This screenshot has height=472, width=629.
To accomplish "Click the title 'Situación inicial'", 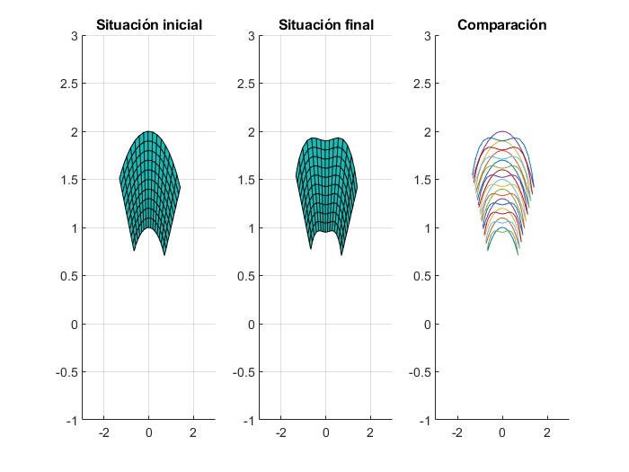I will click(148, 25).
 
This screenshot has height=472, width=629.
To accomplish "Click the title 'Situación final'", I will click(325, 25).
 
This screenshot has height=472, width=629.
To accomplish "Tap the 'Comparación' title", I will click(502, 25).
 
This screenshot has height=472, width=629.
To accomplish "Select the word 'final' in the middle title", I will click(358, 25).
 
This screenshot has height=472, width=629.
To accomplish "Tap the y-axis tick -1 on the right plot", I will click(424, 420).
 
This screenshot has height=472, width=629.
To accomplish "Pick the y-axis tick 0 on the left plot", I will click(74, 324).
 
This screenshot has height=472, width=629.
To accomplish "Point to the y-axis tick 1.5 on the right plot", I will click(421, 180).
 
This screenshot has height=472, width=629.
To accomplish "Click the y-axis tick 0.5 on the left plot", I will click(68, 276).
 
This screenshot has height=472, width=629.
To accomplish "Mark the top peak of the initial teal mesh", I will click(149, 132).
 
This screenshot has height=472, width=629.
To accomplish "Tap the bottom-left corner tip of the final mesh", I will click(311, 249).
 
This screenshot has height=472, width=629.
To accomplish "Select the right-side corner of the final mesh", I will click(358, 189).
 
